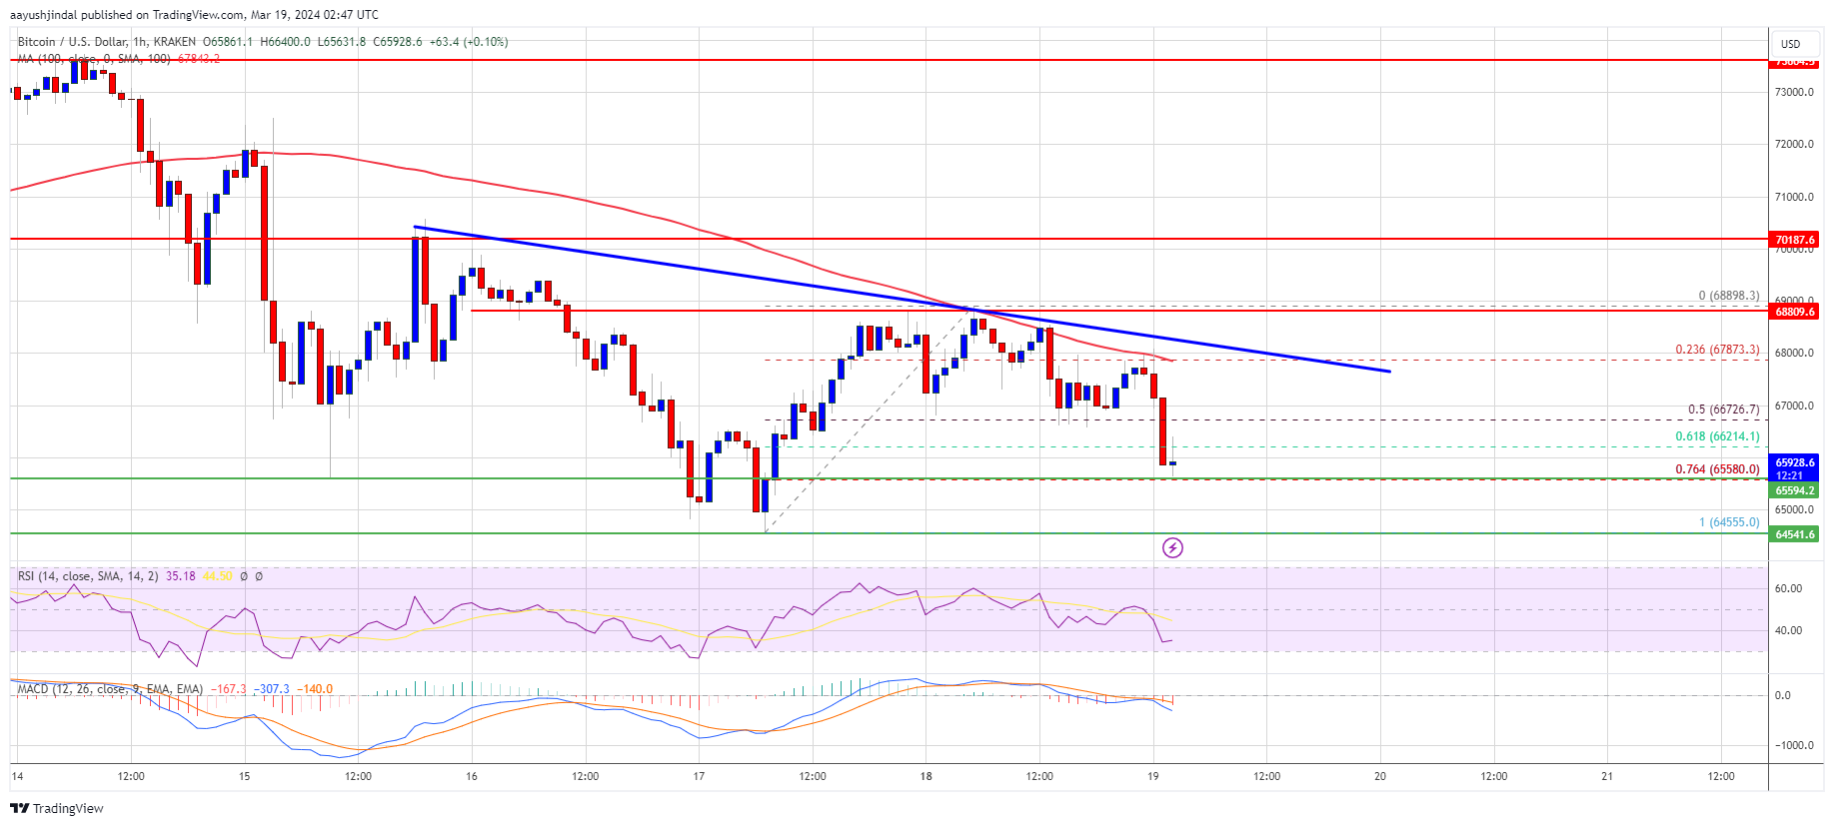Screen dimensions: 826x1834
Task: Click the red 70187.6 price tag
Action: [x=1794, y=240]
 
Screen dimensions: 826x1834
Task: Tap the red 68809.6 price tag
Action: [x=1794, y=312]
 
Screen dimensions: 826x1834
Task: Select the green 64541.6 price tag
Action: [x=1794, y=534]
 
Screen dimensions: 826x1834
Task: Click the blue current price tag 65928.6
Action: [x=1794, y=463]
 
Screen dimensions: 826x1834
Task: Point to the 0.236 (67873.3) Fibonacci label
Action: [x=1717, y=350]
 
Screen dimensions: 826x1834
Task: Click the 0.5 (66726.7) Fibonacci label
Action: [x=1723, y=410]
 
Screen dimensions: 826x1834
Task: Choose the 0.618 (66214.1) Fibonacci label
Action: [x=1717, y=436]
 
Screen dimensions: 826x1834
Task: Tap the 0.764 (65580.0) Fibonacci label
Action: [x=1717, y=469]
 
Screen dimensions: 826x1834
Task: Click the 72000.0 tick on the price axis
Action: [x=1794, y=144]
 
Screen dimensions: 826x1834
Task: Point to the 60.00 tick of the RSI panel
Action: [x=1788, y=588]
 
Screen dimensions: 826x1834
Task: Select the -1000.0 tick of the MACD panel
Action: [x=1793, y=745]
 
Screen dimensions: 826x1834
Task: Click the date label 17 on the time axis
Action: [x=699, y=776]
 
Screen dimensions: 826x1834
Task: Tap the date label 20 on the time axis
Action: [x=1380, y=776]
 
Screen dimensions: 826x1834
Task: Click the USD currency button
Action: [x=1790, y=44]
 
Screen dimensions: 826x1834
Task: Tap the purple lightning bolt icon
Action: [x=1172, y=547]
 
